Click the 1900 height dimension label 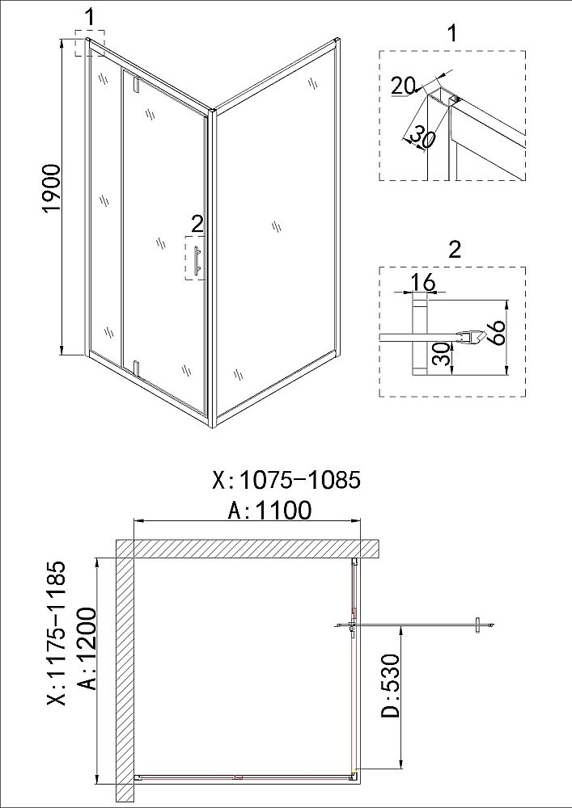[x=52, y=188]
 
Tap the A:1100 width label [x=270, y=510]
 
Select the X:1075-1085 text [x=286, y=480]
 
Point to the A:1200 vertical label [x=87, y=648]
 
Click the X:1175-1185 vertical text [x=57, y=633]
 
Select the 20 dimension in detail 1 [x=403, y=86]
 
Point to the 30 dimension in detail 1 [x=422, y=138]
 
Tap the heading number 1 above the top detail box [x=452, y=33]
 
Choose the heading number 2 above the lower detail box [x=455, y=250]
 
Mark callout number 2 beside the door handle [x=197, y=224]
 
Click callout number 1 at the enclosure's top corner [x=89, y=17]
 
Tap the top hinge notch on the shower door [x=137, y=85]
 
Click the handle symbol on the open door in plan [x=478, y=625]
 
